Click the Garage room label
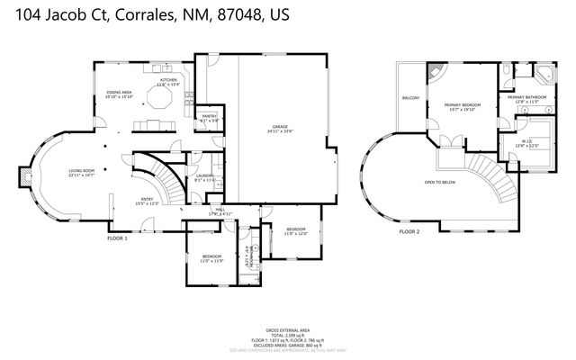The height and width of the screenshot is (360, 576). click(x=280, y=129)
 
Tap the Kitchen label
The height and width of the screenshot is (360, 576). click(x=168, y=82)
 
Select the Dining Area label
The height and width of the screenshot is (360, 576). click(x=121, y=94)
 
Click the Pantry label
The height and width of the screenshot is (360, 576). click(x=208, y=118)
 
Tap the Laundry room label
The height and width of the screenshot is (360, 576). click(x=204, y=177)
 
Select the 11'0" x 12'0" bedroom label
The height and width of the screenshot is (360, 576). click(x=296, y=230)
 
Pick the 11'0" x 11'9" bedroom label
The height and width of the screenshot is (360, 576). click(x=212, y=258)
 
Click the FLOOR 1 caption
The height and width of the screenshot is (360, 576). click(x=118, y=238)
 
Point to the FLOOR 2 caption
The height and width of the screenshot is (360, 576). click(x=409, y=231)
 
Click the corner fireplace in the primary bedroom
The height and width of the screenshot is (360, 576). click(x=436, y=73)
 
